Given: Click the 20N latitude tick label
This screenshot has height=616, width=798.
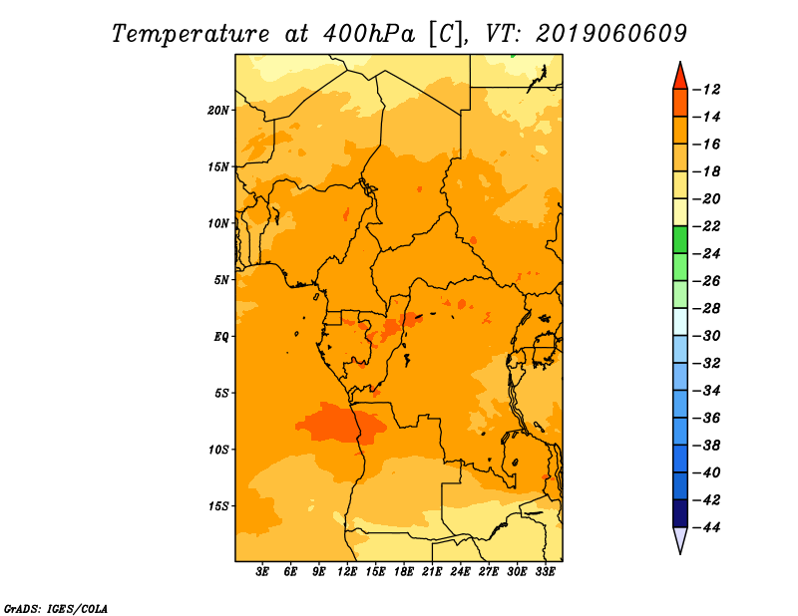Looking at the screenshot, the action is (217, 111).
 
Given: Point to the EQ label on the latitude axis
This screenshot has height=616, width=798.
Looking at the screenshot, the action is (220, 337).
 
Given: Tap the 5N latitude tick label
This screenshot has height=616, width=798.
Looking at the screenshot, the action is (221, 280).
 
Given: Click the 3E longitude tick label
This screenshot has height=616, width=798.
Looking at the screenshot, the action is (262, 571).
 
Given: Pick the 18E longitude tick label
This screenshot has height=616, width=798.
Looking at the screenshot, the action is (404, 571).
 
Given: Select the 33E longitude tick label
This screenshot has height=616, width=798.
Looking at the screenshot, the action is (545, 571).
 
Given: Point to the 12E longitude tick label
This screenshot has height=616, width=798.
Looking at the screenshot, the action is (347, 571).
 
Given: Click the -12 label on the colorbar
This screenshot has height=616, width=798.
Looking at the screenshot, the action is (707, 90).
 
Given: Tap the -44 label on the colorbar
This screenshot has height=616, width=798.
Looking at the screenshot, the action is (707, 527).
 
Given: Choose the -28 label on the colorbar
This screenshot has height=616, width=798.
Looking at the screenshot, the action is (707, 309).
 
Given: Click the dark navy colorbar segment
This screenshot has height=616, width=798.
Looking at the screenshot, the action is (680, 513).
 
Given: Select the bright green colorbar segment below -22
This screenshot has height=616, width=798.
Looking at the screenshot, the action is (680, 240).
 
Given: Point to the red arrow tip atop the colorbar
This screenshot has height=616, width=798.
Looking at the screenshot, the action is (680, 62).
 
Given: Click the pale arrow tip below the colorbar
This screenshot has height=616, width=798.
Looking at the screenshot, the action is (680, 553).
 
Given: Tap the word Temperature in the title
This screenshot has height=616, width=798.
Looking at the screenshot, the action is (191, 34).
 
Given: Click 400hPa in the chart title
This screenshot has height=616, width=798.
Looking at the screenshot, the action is (369, 34).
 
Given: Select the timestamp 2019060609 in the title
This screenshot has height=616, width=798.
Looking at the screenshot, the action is (611, 34).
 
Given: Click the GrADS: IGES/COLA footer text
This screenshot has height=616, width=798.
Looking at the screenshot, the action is (56, 609).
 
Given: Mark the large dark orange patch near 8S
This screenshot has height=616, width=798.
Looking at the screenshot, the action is (338, 424).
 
